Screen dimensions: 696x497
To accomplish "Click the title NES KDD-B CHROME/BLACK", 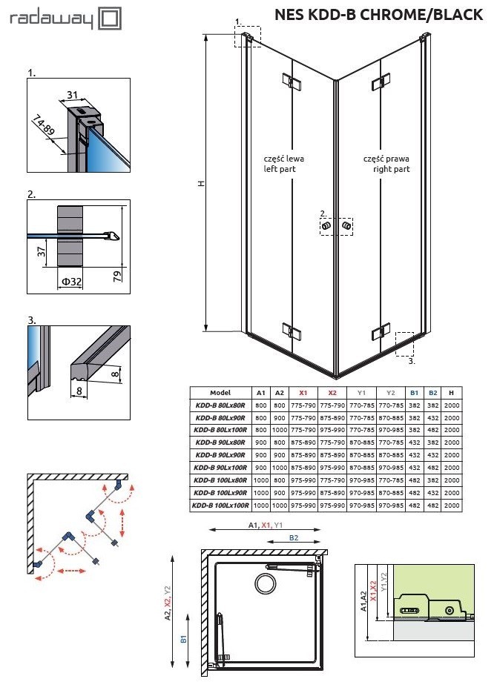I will point(378,15).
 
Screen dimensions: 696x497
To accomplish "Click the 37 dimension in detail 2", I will point(42,252).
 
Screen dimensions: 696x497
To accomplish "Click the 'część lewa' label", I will point(283,159).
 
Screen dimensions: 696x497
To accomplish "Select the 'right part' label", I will point(392,169).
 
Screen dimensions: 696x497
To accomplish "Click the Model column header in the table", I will point(220,392).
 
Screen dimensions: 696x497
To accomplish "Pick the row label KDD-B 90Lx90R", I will point(220,454).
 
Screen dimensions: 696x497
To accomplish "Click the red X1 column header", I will point(302,392).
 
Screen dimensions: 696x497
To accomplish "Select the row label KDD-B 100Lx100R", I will point(220,505).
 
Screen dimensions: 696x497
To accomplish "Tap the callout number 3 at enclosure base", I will point(411,362).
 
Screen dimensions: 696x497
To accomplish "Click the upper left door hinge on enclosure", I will point(289,82).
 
